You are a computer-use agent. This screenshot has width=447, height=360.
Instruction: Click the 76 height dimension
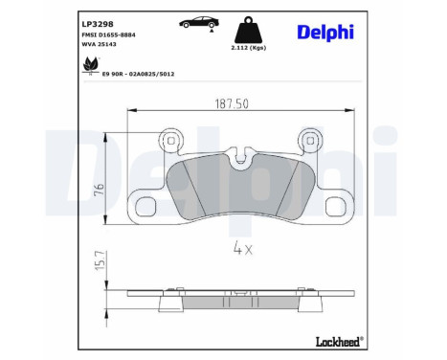pos(99,189)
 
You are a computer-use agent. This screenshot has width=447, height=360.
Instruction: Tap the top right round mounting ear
pos(309,140)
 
